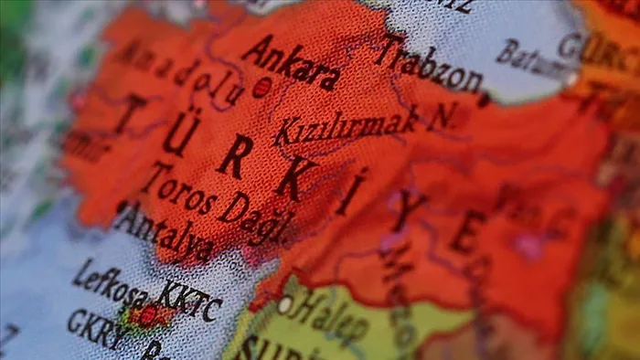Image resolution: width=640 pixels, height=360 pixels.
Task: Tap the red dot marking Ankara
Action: point(261,87)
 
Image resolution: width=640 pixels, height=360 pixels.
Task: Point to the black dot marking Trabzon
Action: point(484,99)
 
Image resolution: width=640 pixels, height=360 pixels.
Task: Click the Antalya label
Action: point(165,232)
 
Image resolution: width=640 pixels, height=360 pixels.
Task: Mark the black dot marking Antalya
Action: point(122,206)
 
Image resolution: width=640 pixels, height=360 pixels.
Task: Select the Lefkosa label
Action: point(108,284)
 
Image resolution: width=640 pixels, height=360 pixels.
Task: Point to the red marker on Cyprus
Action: point(147,315)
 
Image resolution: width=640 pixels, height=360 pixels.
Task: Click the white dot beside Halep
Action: point(284,303)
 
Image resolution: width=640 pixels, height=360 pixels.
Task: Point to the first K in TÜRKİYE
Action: point(235,155)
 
